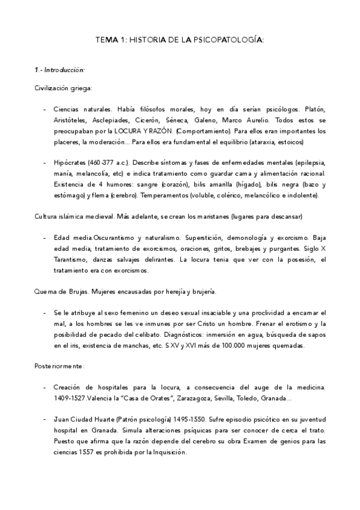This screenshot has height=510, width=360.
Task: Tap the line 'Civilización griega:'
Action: tap(63, 88)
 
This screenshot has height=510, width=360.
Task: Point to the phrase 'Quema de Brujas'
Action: tap(61, 291)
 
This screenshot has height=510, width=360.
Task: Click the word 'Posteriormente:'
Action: tap(59, 366)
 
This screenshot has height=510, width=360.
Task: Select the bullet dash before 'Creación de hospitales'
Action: tap(44, 387)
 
